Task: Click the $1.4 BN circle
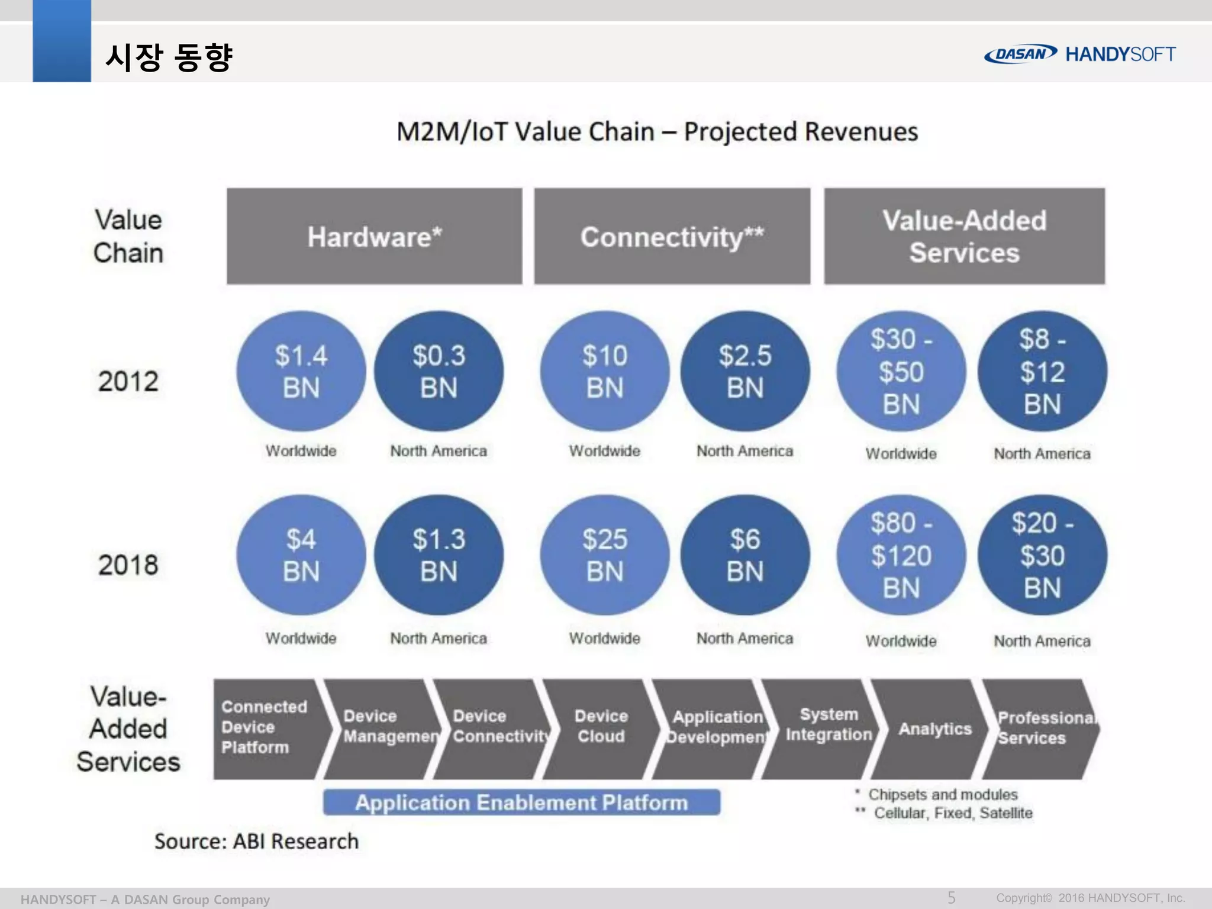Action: click(x=301, y=372)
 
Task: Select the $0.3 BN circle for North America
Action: click(x=439, y=372)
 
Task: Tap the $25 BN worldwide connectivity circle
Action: click(x=604, y=555)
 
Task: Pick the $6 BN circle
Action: click(x=745, y=555)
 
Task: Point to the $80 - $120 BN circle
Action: click(x=901, y=555)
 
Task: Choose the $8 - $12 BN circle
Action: click(x=1042, y=372)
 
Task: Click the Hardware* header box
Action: click(x=374, y=237)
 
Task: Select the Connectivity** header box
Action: click(x=672, y=237)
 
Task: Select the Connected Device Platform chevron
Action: click(x=265, y=727)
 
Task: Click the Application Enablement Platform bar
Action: click(x=521, y=802)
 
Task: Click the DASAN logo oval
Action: click(x=1020, y=54)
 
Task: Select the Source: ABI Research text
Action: click(x=256, y=841)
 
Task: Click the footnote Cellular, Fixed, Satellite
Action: click(x=953, y=813)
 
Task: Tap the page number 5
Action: click(x=951, y=898)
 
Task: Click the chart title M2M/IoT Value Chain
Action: click(x=657, y=132)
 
